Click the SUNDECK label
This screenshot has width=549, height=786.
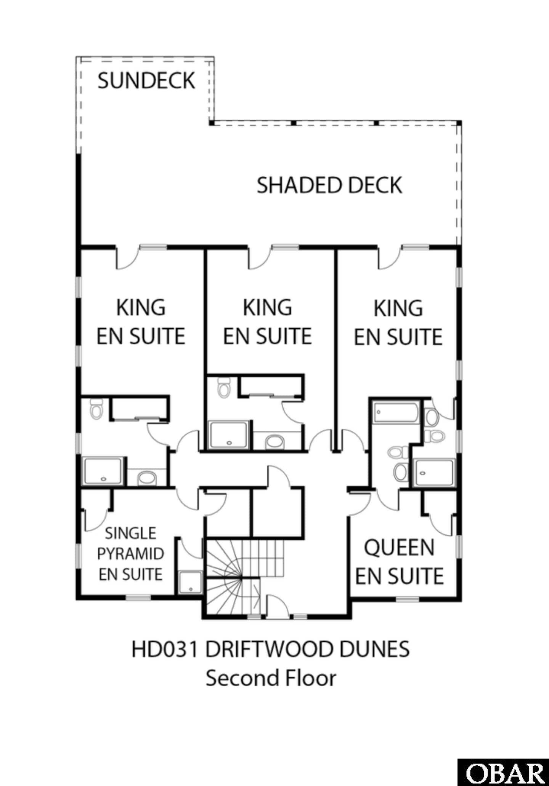point(146,81)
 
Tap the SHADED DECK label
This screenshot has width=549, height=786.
point(329,185)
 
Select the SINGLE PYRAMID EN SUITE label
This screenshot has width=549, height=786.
point(130,554)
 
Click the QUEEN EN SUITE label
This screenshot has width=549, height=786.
point(399,562)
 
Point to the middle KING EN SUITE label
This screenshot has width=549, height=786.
point(267,322)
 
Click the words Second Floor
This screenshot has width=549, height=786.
point(271,678)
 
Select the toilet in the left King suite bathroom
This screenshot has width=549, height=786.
point(96,409)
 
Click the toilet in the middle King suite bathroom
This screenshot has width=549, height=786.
point(223,387)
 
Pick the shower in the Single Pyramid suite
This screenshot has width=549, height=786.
point(190,583)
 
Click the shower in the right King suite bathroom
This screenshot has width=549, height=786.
point(434,472)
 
